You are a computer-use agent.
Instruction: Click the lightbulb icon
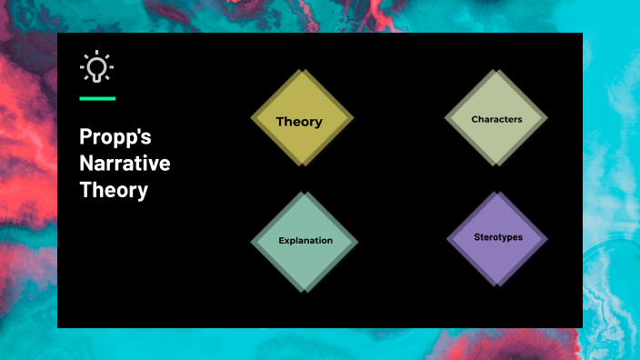pyautogui.click(x=96, y=67)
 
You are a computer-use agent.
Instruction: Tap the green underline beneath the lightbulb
pyautogui.click(x=96, y=97)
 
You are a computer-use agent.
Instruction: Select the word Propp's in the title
pyautogui.click(x=115, y=139)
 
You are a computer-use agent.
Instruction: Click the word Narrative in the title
pyautogui.click(x=124, y=165)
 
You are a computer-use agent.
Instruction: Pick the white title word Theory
pyautogui.click(x=113, y=191)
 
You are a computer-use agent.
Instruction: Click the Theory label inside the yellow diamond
pyautogui.click(x=299, y=122)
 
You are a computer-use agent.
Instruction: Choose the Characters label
pyautogui.click(x=496, y=119)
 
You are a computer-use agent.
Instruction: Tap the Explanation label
pyautogui.click(x=305, y=241)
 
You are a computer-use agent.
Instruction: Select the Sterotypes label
pyautogui.click(x=497, y=236)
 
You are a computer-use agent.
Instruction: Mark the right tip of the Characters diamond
pyautogui.click(x=549, y=118)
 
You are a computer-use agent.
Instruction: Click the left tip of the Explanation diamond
pyautogui.click(x=251, y=242)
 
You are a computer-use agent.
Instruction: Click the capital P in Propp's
pyautogui.click(x=85, y=139)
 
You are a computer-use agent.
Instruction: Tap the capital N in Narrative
pyautogui.click(x=85, y=165)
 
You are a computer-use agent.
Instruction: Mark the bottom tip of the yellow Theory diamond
pyautogui.click(x=302, y=166)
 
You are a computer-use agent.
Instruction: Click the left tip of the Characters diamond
pyautogui.click(x=444, y=118)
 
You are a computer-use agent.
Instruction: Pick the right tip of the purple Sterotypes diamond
pyautogui.click(x=549, y=239)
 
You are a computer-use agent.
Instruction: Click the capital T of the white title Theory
pyautogui.click(x=85, y=191)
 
